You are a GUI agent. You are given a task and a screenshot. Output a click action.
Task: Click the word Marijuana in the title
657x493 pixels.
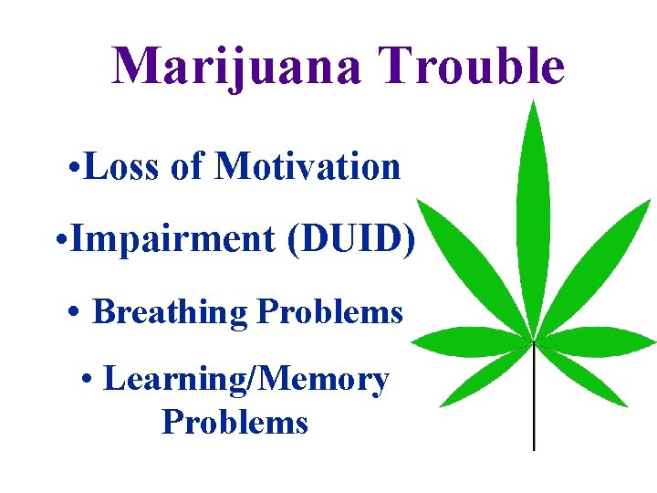235,66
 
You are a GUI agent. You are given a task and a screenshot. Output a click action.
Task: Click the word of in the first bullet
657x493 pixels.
190,167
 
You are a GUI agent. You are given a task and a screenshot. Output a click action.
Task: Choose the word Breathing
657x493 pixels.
171,312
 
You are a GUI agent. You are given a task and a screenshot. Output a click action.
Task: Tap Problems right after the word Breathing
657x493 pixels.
329,312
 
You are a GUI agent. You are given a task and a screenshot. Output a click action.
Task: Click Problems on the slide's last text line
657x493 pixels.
235,422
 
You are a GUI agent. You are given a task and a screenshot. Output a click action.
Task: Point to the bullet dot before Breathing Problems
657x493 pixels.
75,313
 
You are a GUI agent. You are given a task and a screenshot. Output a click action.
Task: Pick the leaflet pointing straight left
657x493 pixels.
465,341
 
